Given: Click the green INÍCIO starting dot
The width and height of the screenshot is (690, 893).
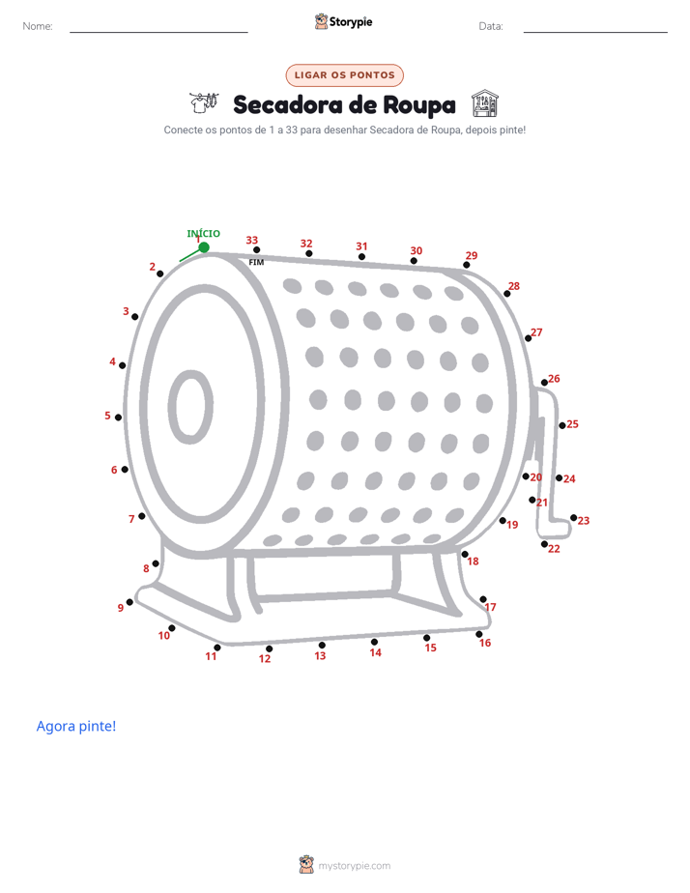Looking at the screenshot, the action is point(204,247).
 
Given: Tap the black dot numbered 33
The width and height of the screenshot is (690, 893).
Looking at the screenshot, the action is point(257,250).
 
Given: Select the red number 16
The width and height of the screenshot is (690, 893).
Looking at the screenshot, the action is point(485,643).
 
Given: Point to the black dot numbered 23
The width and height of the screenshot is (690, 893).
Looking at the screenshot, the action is point(574,518).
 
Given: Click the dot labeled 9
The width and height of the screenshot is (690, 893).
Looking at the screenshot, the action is point(129,602).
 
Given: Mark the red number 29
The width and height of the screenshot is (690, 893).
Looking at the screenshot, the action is point(472,255).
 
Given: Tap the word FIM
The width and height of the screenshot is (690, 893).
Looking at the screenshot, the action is point(257,263).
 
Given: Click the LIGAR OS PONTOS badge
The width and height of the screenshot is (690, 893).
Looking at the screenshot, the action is point(344,75).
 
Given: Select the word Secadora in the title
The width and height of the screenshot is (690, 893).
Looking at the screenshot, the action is point(287,105).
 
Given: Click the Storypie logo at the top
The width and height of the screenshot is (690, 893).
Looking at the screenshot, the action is point(344,21).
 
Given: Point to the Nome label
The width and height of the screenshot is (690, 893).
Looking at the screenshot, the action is point(38,26).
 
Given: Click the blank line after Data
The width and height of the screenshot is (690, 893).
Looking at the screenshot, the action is point(595,32).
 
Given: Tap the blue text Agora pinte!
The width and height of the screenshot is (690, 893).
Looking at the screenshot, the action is point(76,726).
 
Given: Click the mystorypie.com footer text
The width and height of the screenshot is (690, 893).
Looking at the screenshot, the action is point(354,866).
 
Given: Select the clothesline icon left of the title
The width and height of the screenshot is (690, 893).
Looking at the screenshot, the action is point(204,103).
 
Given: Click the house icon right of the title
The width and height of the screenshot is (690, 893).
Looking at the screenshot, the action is point(485,103).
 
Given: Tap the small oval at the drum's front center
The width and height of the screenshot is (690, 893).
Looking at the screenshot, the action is point(190,407).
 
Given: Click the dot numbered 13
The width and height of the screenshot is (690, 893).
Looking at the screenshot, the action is point(322,646).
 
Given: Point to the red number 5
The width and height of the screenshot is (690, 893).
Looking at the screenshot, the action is point(107,416).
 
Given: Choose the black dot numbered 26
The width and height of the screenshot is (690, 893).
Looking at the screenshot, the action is point(544,383).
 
